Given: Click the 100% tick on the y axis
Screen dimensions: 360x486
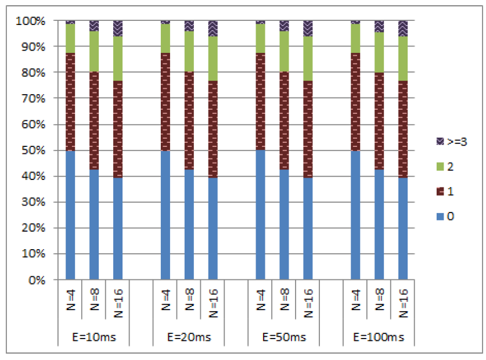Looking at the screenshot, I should (x=33, y=21).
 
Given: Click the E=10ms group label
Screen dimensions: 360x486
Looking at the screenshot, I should (x=93, y=337).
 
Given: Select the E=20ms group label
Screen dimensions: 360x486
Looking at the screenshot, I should (x=189, y=337).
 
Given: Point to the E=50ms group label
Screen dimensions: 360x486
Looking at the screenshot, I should (x=284, y=337).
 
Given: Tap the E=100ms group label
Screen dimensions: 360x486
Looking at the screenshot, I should (x=379, y=337).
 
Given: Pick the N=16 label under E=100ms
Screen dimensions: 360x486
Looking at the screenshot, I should (x=403, y=302).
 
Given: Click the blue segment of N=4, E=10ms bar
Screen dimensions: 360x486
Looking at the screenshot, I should (x=70, y=215).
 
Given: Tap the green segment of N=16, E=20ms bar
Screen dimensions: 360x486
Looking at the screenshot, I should (x=213, y=58).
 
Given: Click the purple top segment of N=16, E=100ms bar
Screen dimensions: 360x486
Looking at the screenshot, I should (x=403, y=28).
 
